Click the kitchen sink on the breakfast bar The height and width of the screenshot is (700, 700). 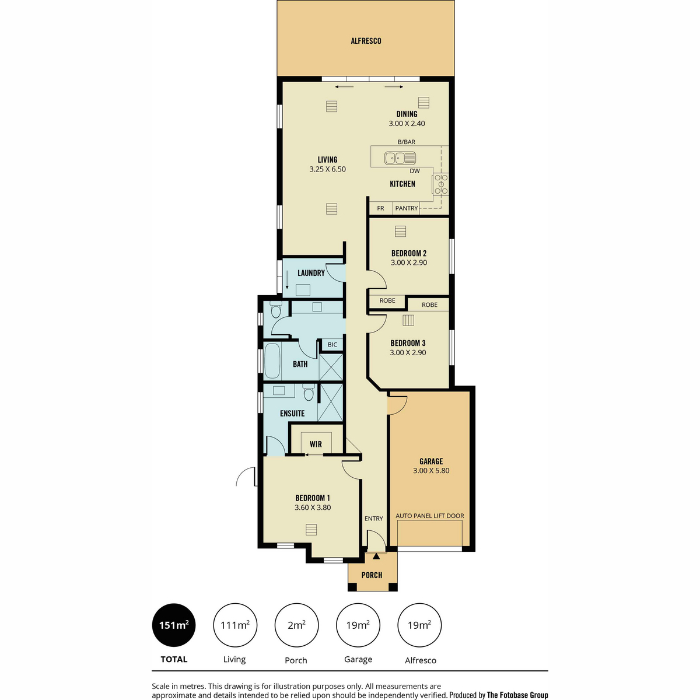[x=400, y=158]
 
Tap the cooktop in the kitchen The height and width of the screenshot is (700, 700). [x=440, y=184]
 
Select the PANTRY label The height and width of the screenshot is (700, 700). [x=407, y=208]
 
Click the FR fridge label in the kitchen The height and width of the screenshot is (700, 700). [x=380, y=208]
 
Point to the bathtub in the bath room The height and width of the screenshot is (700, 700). [x=272, y=361]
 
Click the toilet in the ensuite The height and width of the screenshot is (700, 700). [x=309, y=392]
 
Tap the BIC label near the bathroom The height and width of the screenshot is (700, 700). [x=332, y=344]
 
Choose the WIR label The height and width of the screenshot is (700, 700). [x=316, y=444]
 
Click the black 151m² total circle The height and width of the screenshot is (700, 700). [x=174, y=625]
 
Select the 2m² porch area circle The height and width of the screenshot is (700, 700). [x=296, y=625]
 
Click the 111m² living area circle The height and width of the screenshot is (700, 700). [x=235, y=625]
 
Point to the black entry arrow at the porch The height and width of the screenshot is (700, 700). [x=376, y=556]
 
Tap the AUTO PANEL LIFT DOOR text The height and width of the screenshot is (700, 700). [x=430, y=516]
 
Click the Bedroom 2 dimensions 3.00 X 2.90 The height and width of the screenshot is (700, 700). [x=409, y=262]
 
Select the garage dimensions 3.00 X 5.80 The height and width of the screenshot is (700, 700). [x=431, y=470]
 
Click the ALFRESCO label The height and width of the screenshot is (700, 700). [x=366, y=41]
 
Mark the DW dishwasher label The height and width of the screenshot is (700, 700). [x=415, y=171]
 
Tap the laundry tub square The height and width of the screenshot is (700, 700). [x=303, y=290]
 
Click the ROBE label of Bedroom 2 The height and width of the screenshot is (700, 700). [x=387, y=300]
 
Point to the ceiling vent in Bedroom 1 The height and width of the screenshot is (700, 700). [x=311, y=530]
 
